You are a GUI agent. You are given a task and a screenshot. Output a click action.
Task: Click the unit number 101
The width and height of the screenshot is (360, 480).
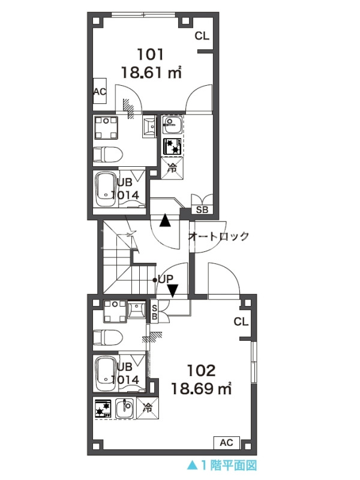(x=151, y=55)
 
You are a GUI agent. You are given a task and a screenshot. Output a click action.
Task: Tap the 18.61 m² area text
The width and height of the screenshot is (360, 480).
(x=152, y=73)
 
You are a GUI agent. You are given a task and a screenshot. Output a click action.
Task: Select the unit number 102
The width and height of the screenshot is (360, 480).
(x=201, y=371)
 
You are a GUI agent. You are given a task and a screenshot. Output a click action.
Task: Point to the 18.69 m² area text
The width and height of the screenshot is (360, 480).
(x=201, y=389)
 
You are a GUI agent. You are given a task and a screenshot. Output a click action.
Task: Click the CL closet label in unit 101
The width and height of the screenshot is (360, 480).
(x=202, y=36)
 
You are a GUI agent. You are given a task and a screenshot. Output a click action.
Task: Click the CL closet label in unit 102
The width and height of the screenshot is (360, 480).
(x=241, y=322)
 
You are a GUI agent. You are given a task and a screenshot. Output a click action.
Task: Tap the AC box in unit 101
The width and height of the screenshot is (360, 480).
(x=100, y=91)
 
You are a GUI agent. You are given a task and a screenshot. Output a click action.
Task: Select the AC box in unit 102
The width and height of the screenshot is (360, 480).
(x=227, y=442)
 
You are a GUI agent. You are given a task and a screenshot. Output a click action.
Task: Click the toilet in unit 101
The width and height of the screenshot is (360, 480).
(x=108, y=155)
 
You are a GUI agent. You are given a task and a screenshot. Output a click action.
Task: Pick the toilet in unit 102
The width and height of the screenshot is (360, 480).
(x=108, y=337)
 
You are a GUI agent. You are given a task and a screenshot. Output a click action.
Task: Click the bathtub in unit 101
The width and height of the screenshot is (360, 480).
(x=106, y=190)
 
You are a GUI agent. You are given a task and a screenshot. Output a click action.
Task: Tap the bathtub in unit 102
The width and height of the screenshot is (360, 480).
(x=106, y=373)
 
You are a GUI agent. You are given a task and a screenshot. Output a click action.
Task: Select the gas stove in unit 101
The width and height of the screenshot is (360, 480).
(x=172, y=146)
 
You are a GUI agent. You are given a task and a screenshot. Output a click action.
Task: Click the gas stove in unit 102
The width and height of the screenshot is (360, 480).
(x=103, y=409)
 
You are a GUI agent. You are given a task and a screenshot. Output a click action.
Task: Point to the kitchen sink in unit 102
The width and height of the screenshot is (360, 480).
(x=125, y=409)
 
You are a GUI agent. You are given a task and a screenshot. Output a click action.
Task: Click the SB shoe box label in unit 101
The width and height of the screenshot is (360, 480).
(x=202, y=209)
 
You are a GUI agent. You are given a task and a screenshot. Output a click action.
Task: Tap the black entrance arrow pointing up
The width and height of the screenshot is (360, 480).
(x=166, y=220)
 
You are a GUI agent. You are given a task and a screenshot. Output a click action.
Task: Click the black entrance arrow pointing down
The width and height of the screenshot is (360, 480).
(x=173, y=291)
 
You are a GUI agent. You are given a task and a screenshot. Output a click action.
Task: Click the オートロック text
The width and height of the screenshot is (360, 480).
(x=218, y=236)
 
